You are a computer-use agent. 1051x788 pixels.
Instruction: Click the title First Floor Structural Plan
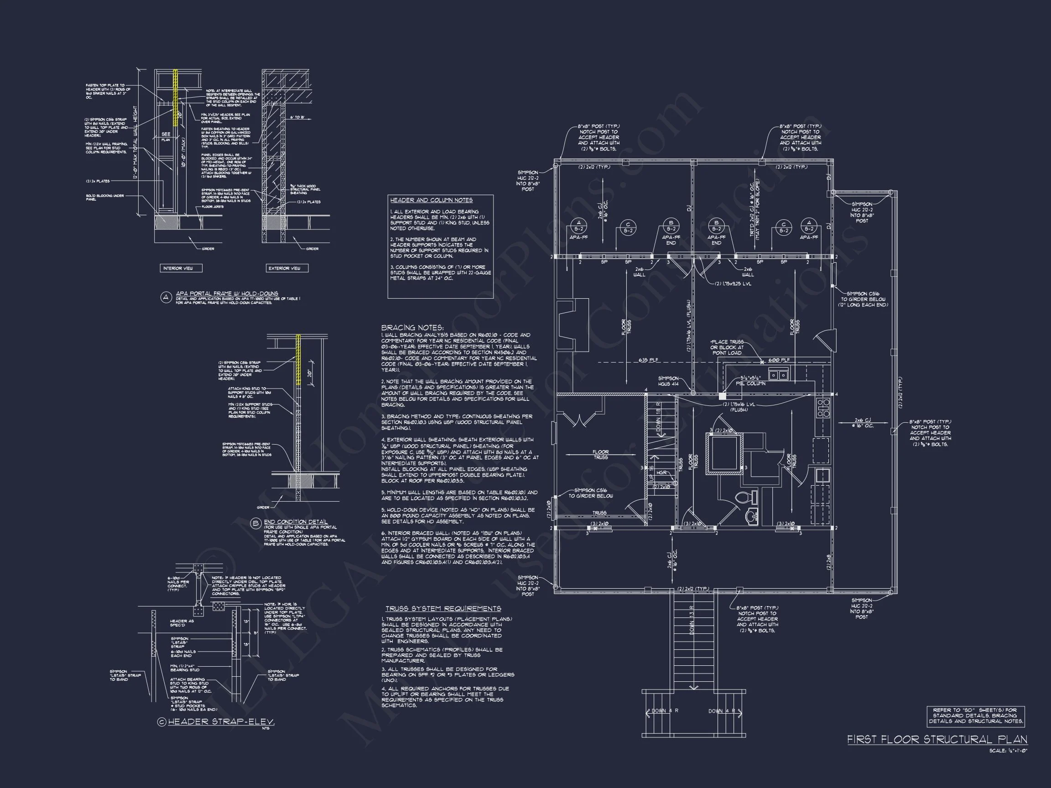(x=937, y=740)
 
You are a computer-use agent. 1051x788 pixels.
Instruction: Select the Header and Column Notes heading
(x=431, y=200)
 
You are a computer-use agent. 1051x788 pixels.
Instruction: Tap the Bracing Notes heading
(x=412, y=328)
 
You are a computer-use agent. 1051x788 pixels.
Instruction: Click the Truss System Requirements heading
(x=443, y=608)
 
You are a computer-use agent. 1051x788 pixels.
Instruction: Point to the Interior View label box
(x=181, y=268)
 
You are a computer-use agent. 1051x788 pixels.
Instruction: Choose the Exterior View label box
(x=286, y=268)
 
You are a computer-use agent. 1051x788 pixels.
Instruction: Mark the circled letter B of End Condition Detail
(x=256, y=524)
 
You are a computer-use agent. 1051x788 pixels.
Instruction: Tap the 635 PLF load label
(x=648, y=360)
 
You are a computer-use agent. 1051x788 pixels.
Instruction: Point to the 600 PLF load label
(x=779, y=360)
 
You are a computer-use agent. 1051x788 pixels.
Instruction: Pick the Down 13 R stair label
(x=692, y=620)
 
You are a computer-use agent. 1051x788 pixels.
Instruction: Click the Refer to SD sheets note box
(x=975, y=716)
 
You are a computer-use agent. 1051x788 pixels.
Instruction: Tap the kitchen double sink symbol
(x=778, y=375)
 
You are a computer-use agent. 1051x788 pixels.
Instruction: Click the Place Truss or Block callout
(x=727, y=347)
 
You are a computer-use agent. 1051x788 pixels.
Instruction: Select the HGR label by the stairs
(x=661, y=472)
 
